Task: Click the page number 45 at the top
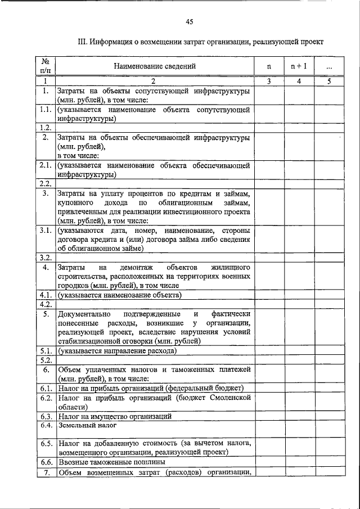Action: (x=189, y=22)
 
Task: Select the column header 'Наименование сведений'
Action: (x=155, y=66)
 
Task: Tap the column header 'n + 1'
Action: (x=298, y=66)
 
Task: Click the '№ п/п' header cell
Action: (x=45, y=66)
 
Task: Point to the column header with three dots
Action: (x=329, y=66)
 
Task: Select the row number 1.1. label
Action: (x=46, y=110)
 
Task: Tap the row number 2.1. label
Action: (x=46, y=165)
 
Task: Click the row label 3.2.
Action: (x=46, y=258)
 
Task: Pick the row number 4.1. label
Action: (x=46, y=295)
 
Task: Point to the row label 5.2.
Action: (x=46, y=360)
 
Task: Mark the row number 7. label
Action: (x=46, y=471)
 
